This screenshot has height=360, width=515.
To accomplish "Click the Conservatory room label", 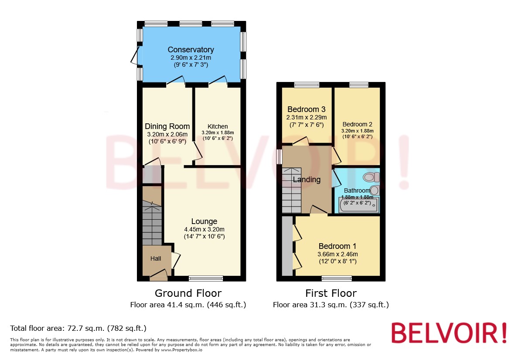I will click(x=191, y=50).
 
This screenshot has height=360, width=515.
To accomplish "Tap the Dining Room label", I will click(x=167, y=126).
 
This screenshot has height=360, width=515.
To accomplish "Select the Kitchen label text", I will click(x=218, y=126).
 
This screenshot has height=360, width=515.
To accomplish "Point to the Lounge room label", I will click(x=204, y=221).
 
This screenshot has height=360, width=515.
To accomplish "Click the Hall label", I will click(x=156, y=258).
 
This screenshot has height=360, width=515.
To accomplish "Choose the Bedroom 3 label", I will click(x=307, y=109).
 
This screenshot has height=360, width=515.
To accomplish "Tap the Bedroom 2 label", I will click(x=357, y=124).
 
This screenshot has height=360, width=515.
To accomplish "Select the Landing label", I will click(x=307, y=180).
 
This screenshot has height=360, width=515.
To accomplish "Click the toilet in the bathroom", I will click(x=371, y=177).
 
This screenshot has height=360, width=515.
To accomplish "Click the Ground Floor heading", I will click(x=188, y=293).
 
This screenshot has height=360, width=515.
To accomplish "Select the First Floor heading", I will click(x=331, y=293).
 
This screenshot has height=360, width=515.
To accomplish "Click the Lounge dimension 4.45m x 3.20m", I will click(x=204, y=229).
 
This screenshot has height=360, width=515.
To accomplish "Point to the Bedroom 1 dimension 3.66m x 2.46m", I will click(x=338, y=254).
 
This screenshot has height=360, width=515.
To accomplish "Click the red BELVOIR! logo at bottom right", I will click(x=449, y=333).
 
